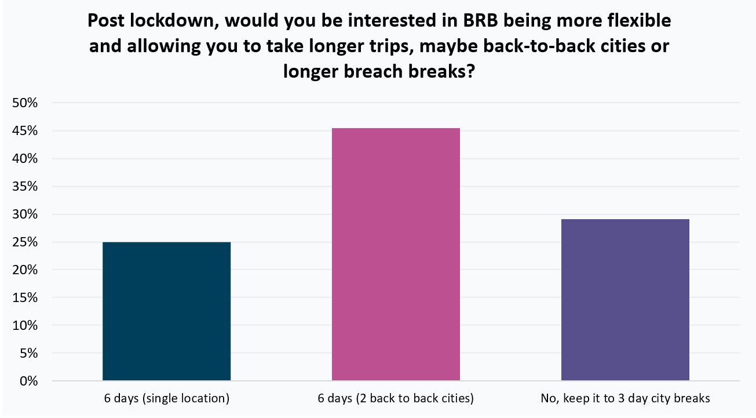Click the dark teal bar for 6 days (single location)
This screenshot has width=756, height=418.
[166, 311]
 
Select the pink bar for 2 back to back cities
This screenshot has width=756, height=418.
[396, 255]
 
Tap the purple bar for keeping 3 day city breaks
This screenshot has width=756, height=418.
[625, 300]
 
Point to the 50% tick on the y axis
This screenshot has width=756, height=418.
[25, 103]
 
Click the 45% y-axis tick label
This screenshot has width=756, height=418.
[25, 131]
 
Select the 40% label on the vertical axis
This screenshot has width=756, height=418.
[25, 159]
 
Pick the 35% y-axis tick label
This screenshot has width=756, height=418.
[25, 187]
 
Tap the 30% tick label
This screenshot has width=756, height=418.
[25, 215]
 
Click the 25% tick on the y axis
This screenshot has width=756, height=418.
[25, 242]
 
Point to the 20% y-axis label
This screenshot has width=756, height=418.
[25, 270]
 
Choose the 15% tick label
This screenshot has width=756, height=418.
[25, 298]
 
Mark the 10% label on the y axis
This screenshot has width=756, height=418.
[25, 326]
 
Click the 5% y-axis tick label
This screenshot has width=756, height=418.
[28, 354]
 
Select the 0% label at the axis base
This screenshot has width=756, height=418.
[28, 381]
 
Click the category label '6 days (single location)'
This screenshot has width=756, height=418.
[167, 399]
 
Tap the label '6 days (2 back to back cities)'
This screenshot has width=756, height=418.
[396, 399]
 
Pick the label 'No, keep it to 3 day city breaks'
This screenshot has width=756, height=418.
[625, 399]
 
